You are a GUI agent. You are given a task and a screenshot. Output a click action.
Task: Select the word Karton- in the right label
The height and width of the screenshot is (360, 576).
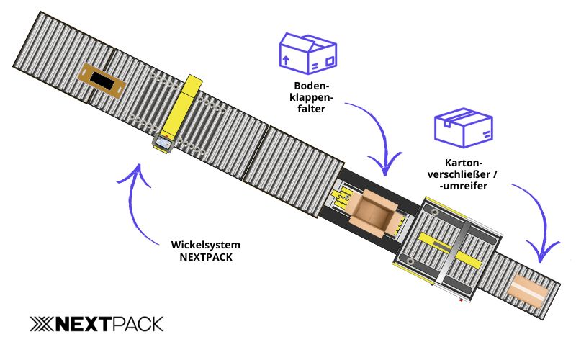click(464, 162)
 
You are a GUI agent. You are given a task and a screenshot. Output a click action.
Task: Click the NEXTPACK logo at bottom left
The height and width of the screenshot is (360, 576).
click(96, 324)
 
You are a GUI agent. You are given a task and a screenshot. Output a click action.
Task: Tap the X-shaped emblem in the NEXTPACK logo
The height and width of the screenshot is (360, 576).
click(41, 324)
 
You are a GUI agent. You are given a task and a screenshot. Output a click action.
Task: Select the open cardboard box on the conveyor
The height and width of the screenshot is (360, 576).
click(374, 212)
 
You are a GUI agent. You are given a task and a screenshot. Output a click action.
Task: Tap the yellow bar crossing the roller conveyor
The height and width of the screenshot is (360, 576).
click(181, 108)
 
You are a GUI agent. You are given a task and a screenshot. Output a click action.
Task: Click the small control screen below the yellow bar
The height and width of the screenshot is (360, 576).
click(163, 143)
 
